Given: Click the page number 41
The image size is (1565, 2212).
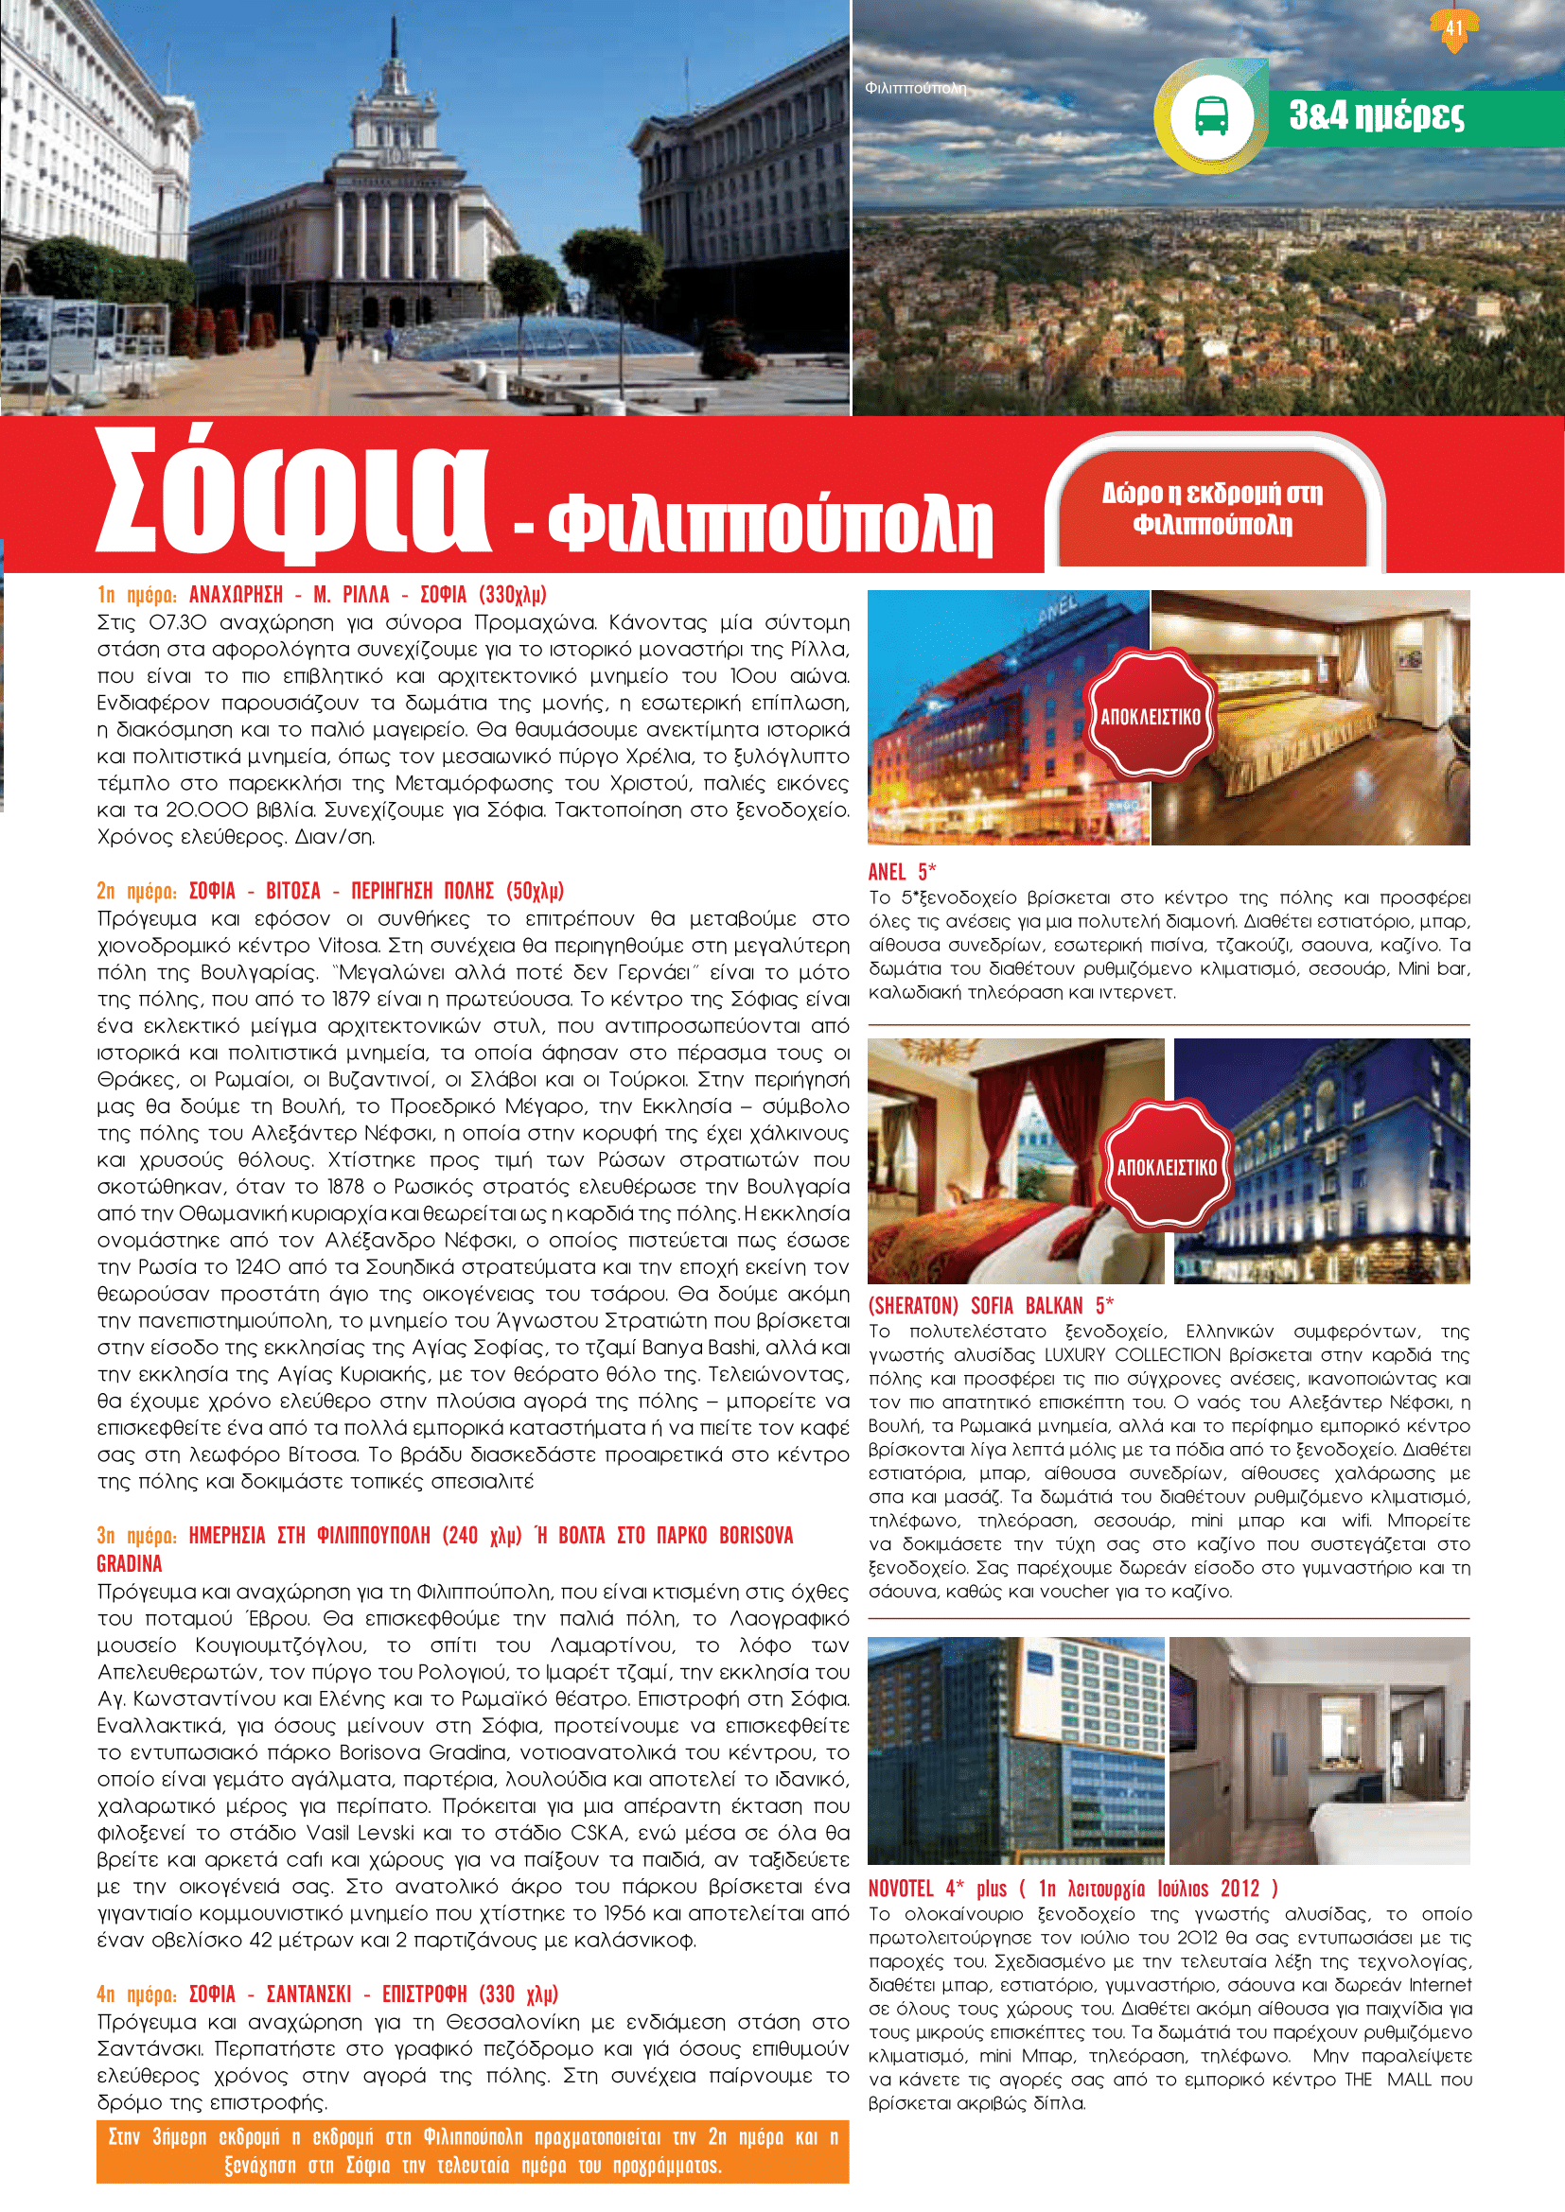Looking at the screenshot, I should [1453, 27].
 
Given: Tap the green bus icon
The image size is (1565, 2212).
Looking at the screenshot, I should [1210, 116].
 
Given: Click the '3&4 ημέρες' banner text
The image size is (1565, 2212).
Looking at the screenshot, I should [1376, 115].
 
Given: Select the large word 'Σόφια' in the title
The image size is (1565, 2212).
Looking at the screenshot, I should [294, 497].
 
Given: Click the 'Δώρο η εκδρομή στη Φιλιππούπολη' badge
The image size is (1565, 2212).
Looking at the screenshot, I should [1212, 508].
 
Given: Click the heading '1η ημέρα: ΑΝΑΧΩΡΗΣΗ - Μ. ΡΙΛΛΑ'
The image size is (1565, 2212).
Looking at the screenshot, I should [322, 594].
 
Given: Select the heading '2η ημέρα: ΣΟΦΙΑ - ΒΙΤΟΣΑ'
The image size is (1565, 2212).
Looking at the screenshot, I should [329, 889].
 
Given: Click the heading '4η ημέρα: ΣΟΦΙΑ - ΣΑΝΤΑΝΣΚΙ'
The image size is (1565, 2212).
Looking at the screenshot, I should [327, 1994].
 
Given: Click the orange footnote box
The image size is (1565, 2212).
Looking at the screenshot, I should [472, 2151].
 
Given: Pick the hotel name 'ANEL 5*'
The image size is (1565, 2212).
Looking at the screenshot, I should [902, 872].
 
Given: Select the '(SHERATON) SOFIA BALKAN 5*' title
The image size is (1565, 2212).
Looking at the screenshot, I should [991, 1305].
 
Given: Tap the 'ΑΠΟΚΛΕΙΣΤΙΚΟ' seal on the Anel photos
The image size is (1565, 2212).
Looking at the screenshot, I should [1151, 716].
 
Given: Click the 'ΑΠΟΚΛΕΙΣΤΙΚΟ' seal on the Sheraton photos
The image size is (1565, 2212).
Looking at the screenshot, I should [1167, 1167].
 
